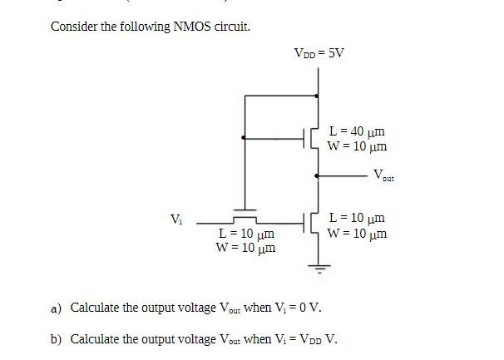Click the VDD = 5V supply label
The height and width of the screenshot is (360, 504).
tap(319, 54)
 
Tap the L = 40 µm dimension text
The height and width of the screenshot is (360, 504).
tap(357, 131)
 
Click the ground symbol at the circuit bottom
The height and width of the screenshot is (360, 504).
tap(317, 268)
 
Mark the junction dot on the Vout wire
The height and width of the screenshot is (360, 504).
tap(317, 176)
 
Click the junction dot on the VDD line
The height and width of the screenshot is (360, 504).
tap(317, 96)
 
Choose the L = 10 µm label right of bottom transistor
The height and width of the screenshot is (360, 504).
tap(357, 219)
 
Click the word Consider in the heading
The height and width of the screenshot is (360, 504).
tap(72, 27)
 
